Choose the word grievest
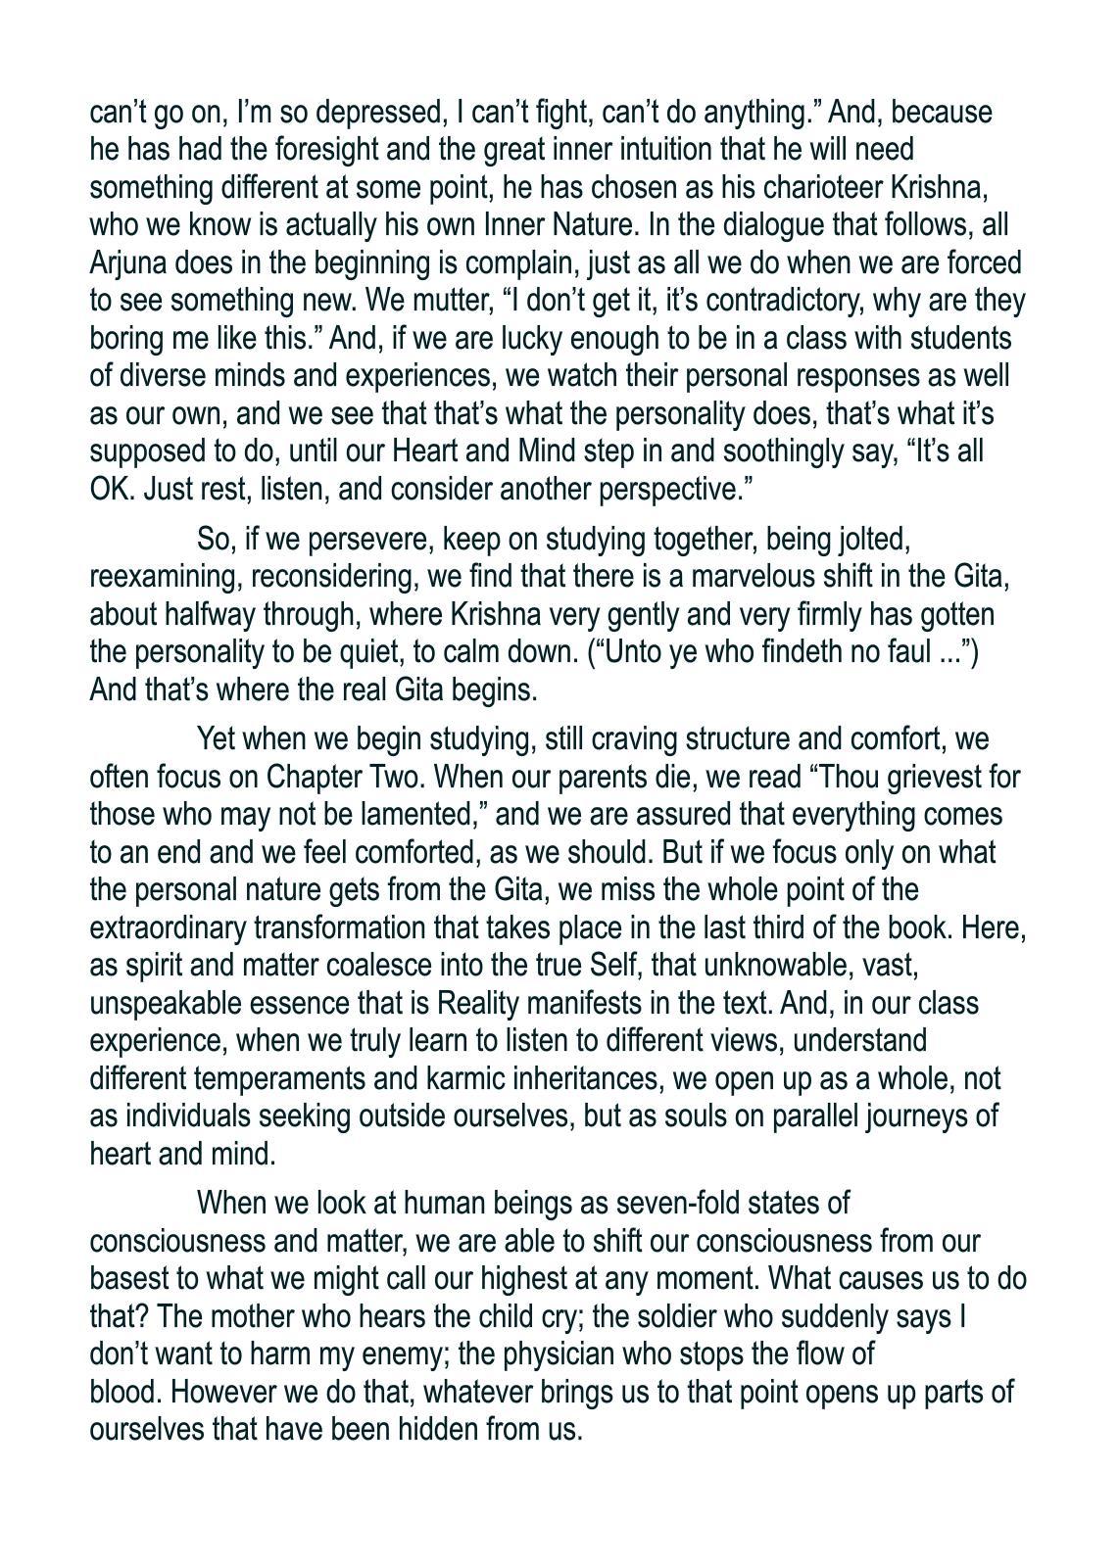(x=917, y=778)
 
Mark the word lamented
(x=391, y=815)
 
